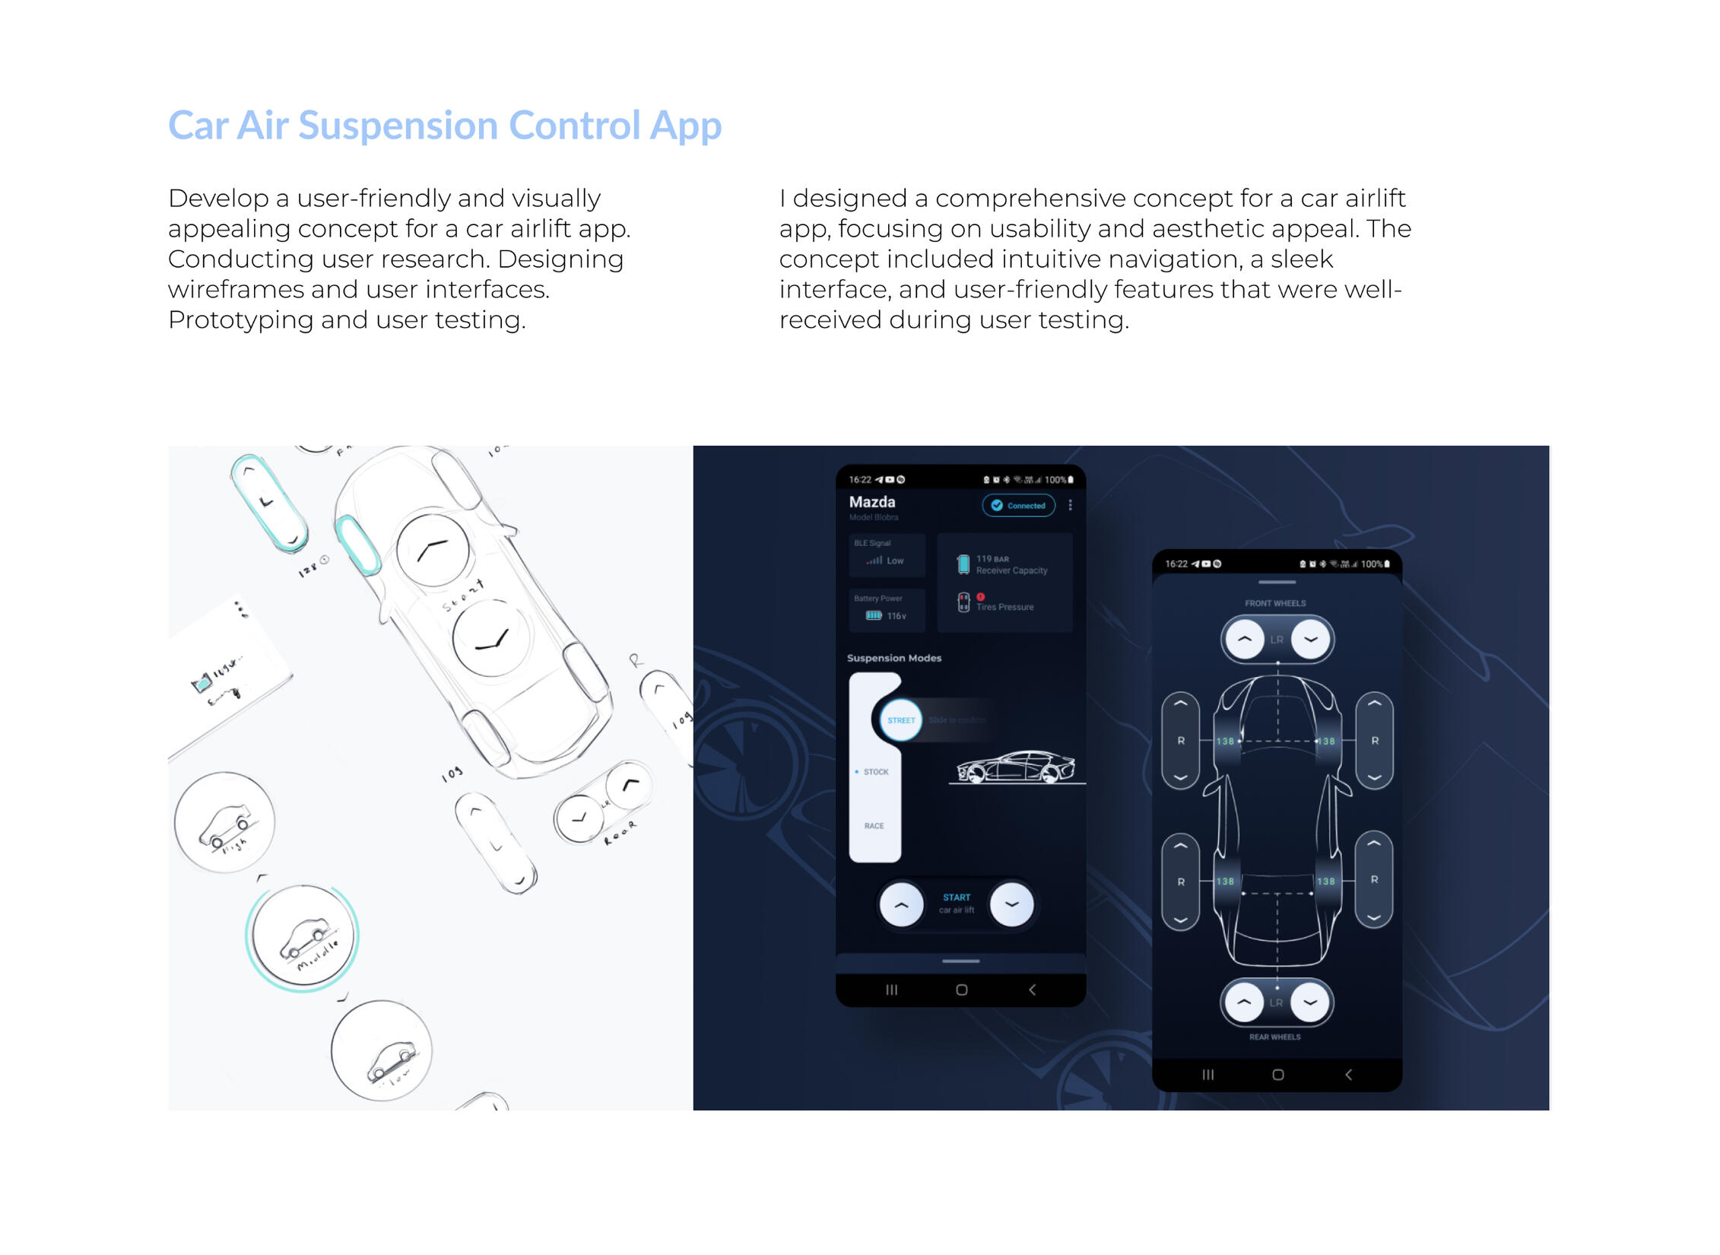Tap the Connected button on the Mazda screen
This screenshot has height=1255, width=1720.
tap(1018, 506)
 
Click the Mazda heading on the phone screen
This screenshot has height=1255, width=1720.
tap(872, 502)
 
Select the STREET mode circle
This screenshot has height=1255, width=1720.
tap(901, 720)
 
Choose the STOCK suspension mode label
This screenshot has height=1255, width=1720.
tap(875, 772)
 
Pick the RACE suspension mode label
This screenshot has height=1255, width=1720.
tap(874, 826)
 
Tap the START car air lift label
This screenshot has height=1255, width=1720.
tap(957, 903)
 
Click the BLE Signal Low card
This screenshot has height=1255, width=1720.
tap(887, 554)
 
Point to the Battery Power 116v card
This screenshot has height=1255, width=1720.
tap(887, 609)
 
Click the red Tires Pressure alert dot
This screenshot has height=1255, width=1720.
tap(981, 597)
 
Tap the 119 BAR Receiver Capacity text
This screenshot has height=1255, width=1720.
tap(1011, 564)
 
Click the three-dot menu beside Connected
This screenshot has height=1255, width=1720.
tap(1071, 505)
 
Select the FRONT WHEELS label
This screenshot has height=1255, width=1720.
tap(1275, 603)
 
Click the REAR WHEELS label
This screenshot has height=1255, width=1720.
tap(1275, 1037)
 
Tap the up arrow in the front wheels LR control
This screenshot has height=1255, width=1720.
tap(1245, 639)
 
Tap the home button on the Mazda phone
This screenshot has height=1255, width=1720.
tap(962, 990)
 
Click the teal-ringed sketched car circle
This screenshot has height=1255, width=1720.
tap(303, 937)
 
